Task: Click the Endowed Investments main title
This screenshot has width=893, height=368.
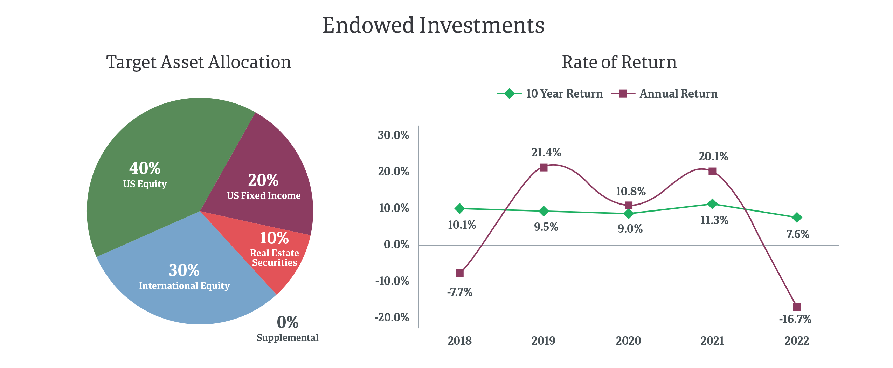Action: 433,25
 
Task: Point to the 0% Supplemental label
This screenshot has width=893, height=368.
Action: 288,328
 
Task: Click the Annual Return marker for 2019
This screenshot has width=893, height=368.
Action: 544,168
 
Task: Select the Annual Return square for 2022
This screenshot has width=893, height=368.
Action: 797,307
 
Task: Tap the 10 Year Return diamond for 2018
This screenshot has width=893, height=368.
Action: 459,209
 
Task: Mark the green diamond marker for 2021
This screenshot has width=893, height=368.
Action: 712,204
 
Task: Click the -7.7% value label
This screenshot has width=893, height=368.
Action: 459,292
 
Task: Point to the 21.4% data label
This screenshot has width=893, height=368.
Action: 546,152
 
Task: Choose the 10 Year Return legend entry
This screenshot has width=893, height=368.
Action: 550,94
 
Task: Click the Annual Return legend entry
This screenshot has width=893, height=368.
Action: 664,94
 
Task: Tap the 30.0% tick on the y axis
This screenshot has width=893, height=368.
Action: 393,135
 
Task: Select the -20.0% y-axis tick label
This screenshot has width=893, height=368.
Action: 392,317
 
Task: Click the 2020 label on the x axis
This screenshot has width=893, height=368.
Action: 628,341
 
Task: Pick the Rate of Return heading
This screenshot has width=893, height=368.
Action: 619,62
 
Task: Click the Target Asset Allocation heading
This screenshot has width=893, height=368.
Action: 199,62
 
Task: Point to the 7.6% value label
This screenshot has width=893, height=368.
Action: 798,234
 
